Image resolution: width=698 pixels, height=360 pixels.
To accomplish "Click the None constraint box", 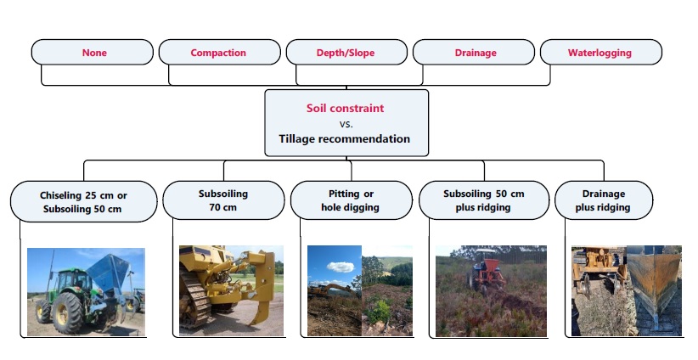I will coord(94,53).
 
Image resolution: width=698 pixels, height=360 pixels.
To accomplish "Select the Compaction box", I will coord(218,53).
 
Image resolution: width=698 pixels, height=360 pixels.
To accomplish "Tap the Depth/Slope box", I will coord(346,53).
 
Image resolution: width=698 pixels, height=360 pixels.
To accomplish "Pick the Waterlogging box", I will coord(599,53).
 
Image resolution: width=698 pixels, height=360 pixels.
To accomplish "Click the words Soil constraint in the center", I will coord(346,109).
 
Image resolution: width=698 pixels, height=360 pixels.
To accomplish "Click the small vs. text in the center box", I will coord(346,124).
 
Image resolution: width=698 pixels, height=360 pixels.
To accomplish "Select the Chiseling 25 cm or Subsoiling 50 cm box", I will coord(83,200).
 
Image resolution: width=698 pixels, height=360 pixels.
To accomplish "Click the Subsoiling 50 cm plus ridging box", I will coord(483,200).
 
